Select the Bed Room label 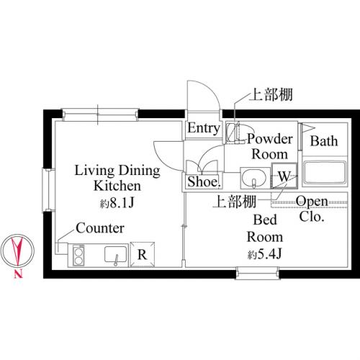264,229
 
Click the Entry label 204,129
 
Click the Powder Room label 270,146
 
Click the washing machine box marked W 284,176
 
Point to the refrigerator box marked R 142,254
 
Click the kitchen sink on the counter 115,254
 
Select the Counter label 100,228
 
